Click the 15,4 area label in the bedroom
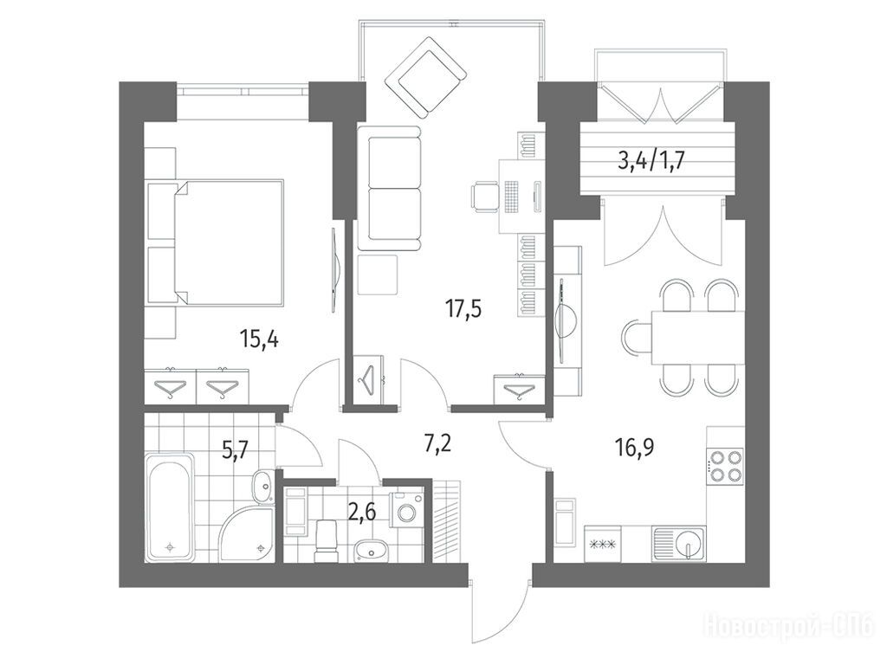coord(259,341)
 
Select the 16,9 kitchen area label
coord(635,449)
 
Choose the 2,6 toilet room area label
coord(362,514)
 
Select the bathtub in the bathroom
coord(170,507)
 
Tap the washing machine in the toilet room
coord(407,509)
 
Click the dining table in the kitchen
coord(696,338)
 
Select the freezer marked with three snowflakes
coord(603,544)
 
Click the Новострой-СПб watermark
coord(790,628)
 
